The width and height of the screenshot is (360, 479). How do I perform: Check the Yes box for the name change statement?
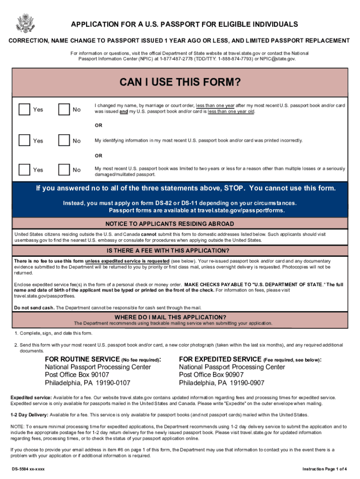[x=24, y=109]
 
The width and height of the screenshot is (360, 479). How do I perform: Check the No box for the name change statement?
[x=64, y=109]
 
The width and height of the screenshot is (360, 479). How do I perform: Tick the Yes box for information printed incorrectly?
[x=24, y=140]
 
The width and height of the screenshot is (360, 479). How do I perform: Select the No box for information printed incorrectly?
[x=64, y=140]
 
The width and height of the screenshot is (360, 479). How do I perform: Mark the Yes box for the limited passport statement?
[x=24, y=170]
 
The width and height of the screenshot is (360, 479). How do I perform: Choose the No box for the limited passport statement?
[x=64, y=170]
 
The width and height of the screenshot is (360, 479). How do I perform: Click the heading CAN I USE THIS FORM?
[x=180, y=83]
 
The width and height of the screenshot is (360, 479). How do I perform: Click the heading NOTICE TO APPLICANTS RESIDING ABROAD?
[x=180, y=223]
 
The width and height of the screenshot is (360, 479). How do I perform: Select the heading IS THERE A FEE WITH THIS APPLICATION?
[x=180, y=250]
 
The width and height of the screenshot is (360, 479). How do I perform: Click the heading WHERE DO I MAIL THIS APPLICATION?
[x=180, y=317]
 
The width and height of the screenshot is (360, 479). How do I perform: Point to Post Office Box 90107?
[x=77, y=375]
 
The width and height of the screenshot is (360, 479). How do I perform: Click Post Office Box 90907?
[x=211, y=375]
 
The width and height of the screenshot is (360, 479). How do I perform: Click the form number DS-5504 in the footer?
[x=20, y=469]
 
